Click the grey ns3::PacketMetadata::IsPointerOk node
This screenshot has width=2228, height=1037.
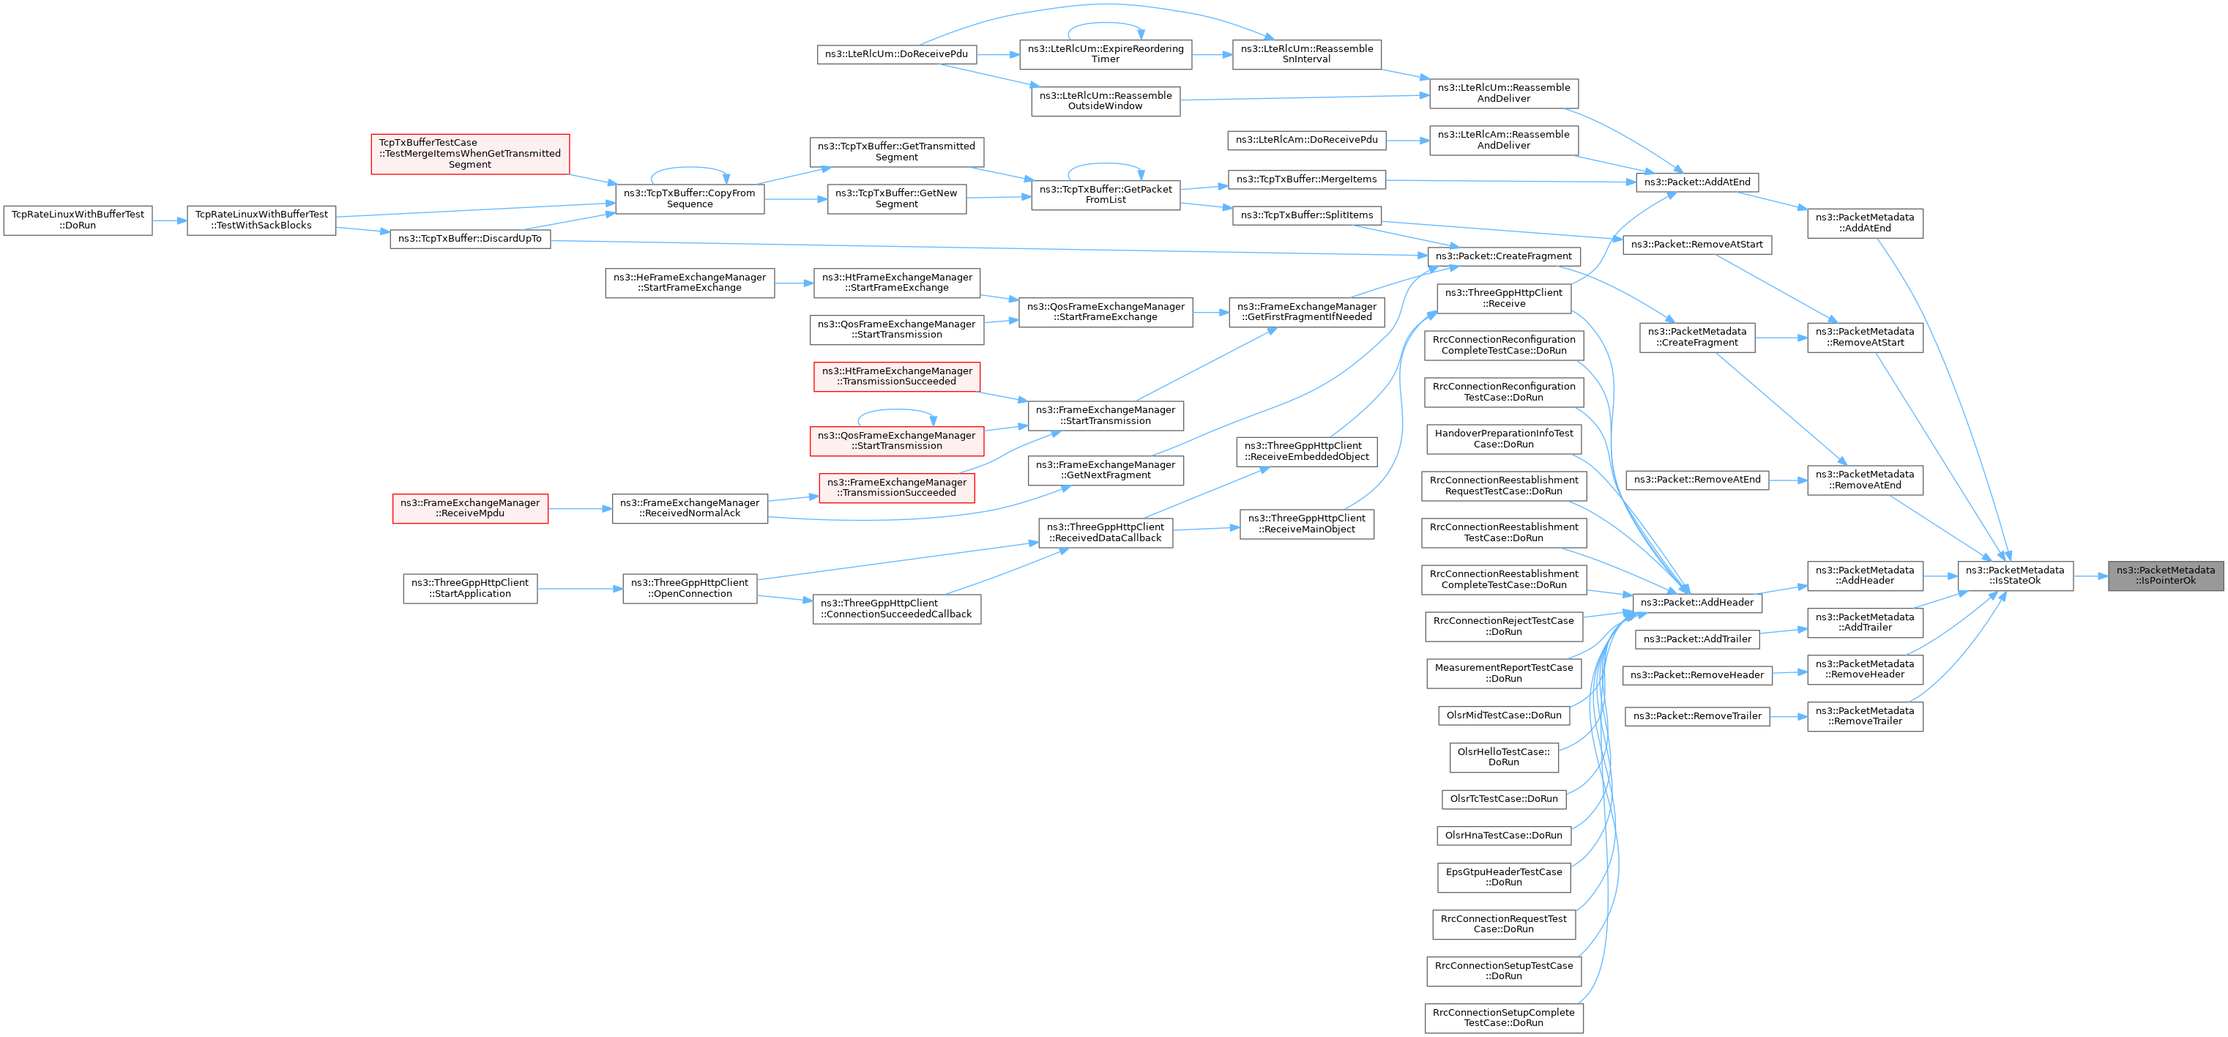pos(2164,575)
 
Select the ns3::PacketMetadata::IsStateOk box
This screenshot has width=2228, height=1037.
pos(2014,575)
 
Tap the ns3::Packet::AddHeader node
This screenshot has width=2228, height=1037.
pos(1696,602)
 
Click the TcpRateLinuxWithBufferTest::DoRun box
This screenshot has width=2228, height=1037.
pos(78,220)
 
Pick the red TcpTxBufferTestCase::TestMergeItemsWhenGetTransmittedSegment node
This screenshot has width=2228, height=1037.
pos(469,153)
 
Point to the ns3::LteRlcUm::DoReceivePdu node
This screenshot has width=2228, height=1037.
pos(896,53)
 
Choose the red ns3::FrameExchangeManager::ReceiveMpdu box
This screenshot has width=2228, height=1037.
pos(469,508)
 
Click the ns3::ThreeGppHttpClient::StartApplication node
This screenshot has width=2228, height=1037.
pos(469,588)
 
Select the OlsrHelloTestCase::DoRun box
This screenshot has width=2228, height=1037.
pos(1504,757)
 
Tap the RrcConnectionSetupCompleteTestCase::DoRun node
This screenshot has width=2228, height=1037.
pos(1504,1017)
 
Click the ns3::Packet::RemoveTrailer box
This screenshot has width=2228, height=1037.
pos(1697,716)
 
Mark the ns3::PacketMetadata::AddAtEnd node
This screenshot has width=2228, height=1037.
pos(1865,223)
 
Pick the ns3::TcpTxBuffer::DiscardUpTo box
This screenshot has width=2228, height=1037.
pos(469,239)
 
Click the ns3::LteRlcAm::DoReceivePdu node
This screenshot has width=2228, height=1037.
pos(1306,139)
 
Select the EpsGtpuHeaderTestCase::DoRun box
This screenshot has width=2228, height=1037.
pos(1504,877)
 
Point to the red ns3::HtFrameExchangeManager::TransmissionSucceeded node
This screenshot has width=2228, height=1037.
pos(897,376)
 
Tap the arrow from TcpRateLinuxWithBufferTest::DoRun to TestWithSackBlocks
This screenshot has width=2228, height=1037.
pos(170,220)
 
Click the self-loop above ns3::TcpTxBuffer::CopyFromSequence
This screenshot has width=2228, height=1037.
pos(690,168)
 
